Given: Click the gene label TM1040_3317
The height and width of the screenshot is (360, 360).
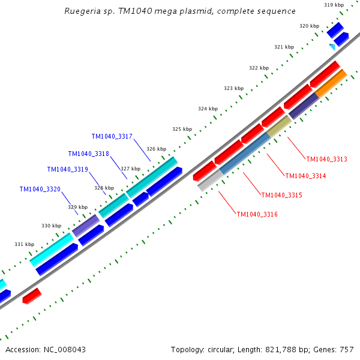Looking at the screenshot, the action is pos(112,137).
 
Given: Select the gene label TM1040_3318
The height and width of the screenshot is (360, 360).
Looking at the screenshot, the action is pos(89,154).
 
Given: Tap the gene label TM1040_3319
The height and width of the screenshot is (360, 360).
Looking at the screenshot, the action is pos(68,170).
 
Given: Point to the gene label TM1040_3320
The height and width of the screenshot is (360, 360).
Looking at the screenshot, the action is pos(40,190).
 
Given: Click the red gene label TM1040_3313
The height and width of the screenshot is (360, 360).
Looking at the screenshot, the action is pos(326,159).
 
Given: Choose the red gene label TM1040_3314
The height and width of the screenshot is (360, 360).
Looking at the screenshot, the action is pos(305,176).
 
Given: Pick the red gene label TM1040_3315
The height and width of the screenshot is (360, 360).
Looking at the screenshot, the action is pos(281,195).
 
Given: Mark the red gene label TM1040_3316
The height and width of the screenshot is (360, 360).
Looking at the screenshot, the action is pos(257,214).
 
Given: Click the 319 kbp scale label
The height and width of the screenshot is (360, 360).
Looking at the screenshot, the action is pos(334,5).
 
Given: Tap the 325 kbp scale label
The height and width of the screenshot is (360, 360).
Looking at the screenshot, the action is pos(182,129).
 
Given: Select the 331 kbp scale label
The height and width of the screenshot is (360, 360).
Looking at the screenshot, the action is pos(25,244).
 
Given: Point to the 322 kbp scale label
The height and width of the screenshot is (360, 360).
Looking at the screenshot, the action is pos(259,68).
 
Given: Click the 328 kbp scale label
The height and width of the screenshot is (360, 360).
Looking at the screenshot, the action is pos(104,188).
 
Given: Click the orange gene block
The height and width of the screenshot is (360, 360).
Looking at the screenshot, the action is pos(331,83).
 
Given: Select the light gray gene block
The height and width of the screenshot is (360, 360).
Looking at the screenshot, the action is pos(210,181).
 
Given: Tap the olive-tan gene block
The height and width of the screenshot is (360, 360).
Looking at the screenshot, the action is pos(278,126).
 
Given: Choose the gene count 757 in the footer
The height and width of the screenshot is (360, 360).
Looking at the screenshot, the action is pos(346,349).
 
